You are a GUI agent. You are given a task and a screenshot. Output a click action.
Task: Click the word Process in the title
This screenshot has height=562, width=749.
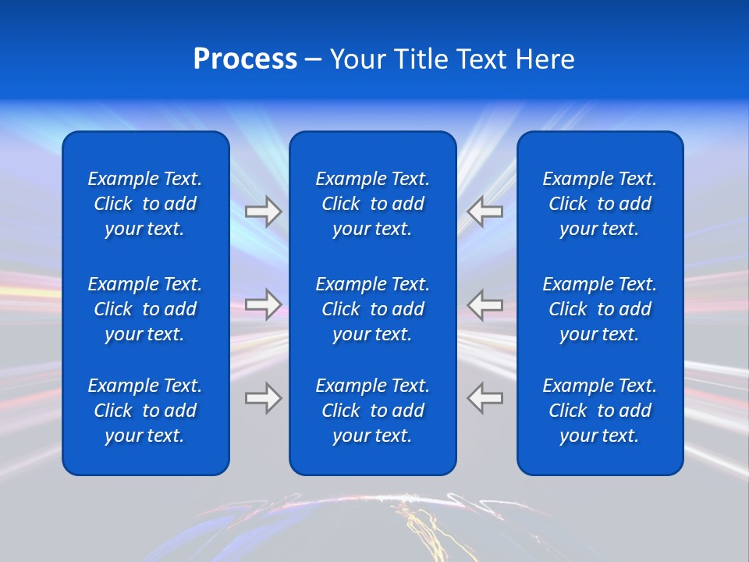[245, 59]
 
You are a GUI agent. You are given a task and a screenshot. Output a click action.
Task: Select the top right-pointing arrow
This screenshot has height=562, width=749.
[263, 212]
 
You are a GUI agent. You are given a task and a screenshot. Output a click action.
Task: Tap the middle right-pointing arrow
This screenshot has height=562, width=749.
[263, 304]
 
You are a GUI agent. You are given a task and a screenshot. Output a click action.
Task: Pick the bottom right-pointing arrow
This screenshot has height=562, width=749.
[263, 398]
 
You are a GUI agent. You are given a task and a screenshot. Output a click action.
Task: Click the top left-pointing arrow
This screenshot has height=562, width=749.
[485, 212]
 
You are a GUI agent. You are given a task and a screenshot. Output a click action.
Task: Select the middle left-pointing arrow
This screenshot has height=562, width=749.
[485, 304]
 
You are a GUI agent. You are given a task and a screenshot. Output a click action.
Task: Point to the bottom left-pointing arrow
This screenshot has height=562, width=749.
[485, 398]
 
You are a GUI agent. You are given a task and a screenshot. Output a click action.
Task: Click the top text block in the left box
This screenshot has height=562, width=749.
[145, 204]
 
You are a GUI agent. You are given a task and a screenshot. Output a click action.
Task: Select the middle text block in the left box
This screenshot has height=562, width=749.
[145, 309]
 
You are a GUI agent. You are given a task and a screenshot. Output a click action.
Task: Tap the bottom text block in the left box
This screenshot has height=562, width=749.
[145, 411]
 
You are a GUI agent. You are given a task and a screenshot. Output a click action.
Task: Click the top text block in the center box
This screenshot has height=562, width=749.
[372, 204]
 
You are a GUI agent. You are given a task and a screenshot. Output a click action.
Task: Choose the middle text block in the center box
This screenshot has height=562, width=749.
[372, 309]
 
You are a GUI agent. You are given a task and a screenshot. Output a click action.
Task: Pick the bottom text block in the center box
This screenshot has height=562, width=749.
[372, 411]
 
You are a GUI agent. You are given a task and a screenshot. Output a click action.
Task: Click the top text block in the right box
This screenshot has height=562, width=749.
[599, 204]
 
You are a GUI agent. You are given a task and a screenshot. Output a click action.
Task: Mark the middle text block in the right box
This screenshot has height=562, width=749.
[599, 309]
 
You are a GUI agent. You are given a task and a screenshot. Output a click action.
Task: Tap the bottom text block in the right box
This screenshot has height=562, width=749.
[599, 411]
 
